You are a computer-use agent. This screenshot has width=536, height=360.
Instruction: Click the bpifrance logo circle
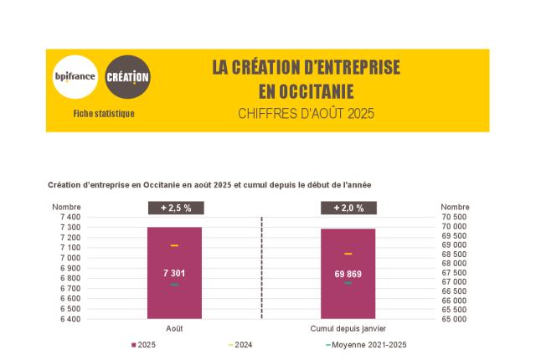(75, 77)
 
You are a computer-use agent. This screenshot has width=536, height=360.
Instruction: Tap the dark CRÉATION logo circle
(127, 77)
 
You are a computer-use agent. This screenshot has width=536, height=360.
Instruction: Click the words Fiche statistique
(104, 114)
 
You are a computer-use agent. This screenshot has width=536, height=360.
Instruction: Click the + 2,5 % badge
(174, 208)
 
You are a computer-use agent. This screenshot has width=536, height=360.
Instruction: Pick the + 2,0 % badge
(348, 208)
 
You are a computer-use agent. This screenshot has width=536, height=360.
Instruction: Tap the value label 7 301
(174, 273)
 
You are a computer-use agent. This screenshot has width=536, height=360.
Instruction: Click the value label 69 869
(348, 274)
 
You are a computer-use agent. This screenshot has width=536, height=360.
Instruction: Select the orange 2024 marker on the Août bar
(174, 245)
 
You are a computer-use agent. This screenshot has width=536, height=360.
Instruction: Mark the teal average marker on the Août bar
(174, 285)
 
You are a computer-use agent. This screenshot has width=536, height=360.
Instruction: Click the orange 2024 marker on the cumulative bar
(348, 254)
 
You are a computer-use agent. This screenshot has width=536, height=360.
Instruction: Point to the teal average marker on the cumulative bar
(348, 283)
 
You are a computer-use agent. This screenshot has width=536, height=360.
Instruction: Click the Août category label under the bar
(174, 328)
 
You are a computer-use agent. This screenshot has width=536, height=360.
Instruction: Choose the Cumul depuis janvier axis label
(348, 328)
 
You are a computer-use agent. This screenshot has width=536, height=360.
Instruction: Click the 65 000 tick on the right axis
(455, 319)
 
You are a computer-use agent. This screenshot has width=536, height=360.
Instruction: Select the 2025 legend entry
(144, 345)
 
